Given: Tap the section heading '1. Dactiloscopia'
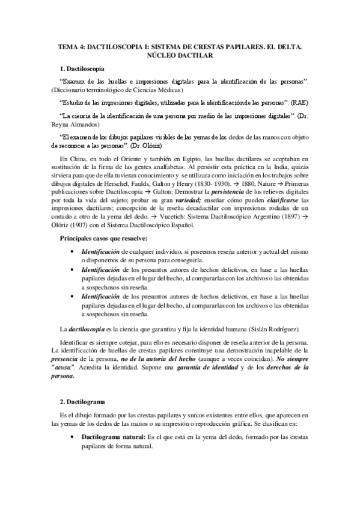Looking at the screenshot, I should [x=85, y=69].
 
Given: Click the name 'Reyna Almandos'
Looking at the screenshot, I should [x=74, y=124].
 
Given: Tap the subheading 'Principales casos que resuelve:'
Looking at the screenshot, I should [x=107, y=239].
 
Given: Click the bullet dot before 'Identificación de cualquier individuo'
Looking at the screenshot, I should [x=73, y=250].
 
